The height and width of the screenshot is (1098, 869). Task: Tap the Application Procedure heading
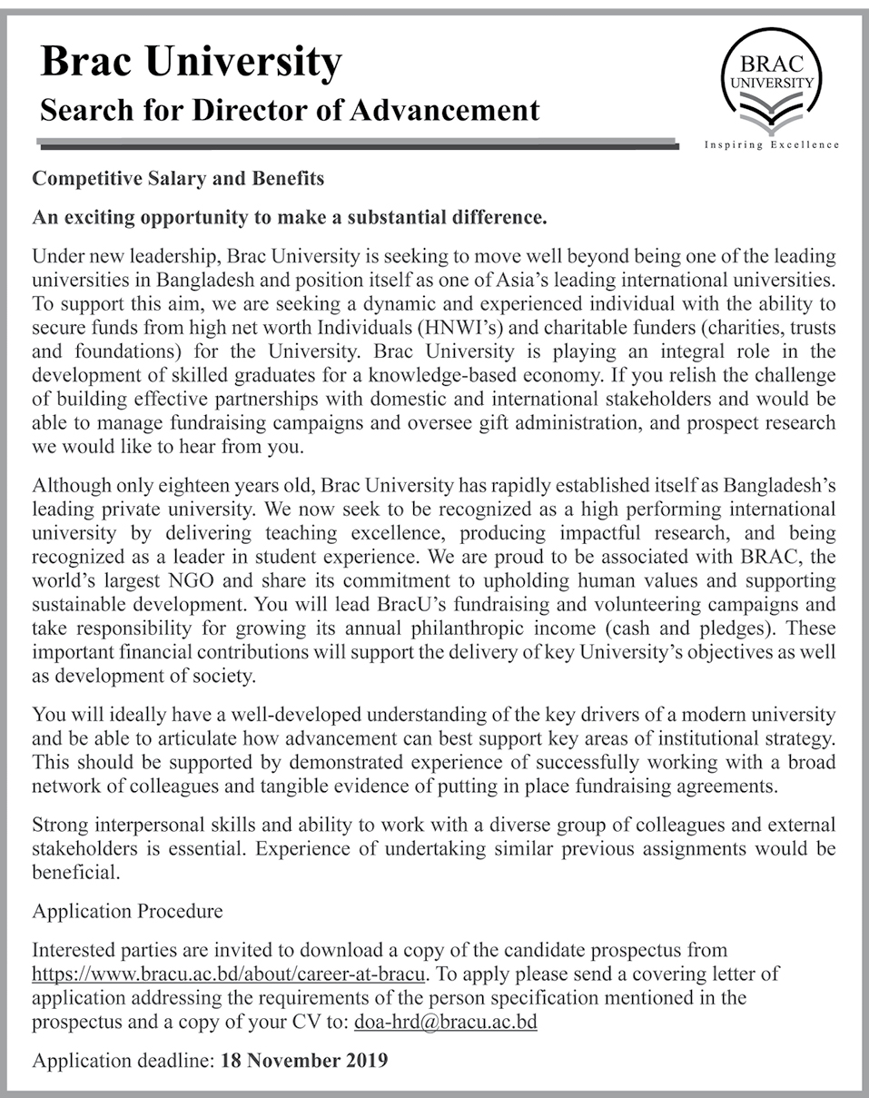click(x=127, y=910)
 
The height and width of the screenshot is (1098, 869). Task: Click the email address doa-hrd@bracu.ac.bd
click(x=446, y=1022)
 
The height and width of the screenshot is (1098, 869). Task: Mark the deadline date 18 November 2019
click(x=304, y=1060)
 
